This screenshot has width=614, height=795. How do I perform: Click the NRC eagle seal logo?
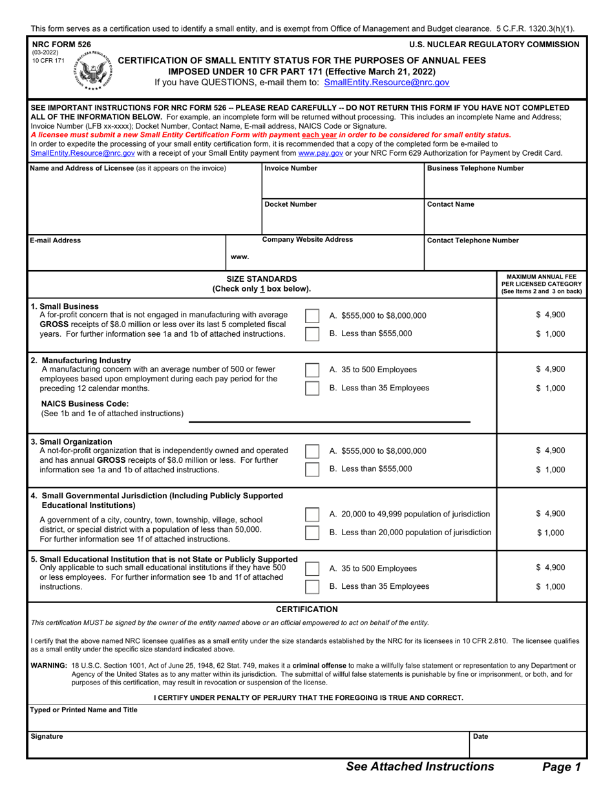[93, 70]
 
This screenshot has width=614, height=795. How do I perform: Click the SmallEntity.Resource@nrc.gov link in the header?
[386, 82]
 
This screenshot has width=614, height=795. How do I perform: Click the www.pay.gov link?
[320, 153]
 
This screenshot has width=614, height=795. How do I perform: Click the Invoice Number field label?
[291, 168]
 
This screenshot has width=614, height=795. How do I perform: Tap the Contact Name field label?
[450, 204]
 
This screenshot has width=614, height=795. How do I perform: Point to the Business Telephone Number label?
[475, 168]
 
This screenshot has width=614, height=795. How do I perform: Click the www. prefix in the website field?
[240, 257]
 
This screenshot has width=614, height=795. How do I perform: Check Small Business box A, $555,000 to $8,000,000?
[312, 315]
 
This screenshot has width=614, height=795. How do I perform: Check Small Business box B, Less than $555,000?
[312, 334]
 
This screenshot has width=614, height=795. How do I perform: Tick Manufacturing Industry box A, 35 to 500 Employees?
[312, 370]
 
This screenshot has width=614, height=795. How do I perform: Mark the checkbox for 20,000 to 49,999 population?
[312, 514]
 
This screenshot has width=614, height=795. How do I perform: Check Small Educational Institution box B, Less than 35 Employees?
[312, 587]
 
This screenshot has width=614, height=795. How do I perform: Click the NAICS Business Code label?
[85, 403]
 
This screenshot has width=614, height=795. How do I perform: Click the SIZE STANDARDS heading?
[261, 279]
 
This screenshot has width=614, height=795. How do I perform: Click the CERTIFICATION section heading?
[306, 609]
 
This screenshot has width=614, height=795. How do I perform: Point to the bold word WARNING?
[48, 665]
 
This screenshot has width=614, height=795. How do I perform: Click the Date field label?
[480, 736]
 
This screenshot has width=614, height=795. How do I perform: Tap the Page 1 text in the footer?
[561, 767]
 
